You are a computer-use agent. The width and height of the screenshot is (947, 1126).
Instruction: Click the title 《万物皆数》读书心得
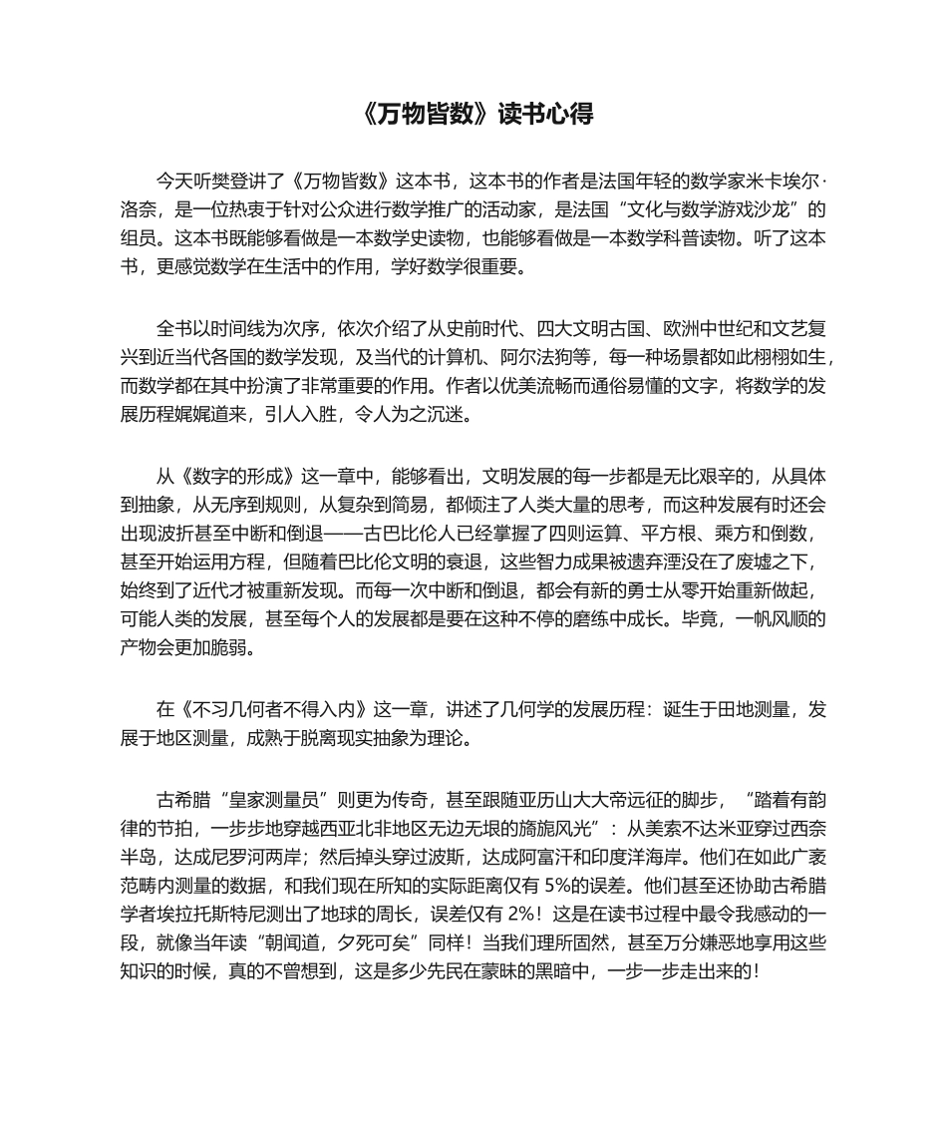pyautogui.click(x=473, y=115)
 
